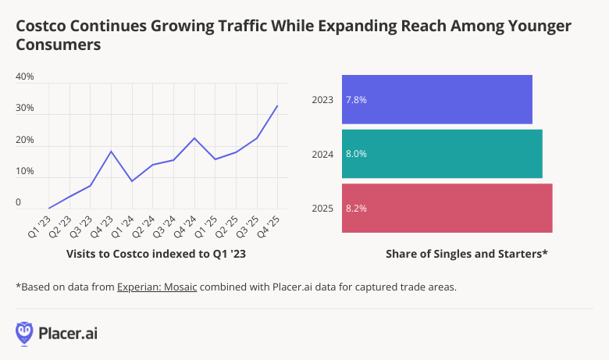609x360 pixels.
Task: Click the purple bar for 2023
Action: pos(437,99)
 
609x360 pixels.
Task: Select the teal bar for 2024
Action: pos(442,154)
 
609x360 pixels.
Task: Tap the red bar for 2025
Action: pos(447,209)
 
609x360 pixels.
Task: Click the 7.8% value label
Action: pos(356,100)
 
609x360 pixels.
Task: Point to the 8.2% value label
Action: pos(356,209)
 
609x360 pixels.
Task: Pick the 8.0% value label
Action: pos(356,154)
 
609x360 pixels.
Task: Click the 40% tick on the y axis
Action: pos(24,77)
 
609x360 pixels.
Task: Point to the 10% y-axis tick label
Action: pos(24,171)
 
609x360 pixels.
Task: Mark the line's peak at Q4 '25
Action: pos(277,105)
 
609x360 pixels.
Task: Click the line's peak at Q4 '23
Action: pos(111,151)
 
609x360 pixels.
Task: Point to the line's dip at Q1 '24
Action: pos(132,181)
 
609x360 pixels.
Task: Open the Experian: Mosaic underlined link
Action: pos(158,287)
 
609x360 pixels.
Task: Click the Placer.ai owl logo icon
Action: pos(25,333)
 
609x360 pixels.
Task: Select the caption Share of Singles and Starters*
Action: pos(466,254)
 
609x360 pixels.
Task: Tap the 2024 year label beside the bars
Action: pos(322,154)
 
